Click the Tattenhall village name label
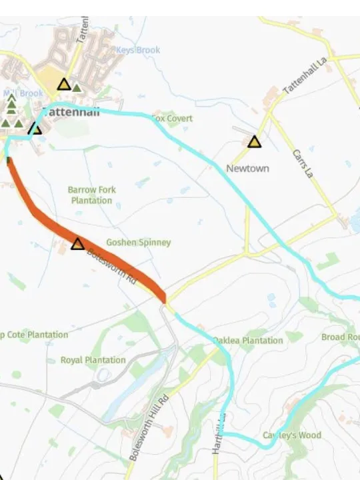71,112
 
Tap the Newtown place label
247,168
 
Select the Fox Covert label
173,119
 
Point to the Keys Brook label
138,50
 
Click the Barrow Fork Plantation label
91,195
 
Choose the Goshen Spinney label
139,243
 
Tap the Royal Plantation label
93,360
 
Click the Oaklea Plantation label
247,341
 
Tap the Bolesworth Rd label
112,267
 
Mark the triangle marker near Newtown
254,141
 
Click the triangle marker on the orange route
78,243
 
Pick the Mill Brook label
23,93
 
